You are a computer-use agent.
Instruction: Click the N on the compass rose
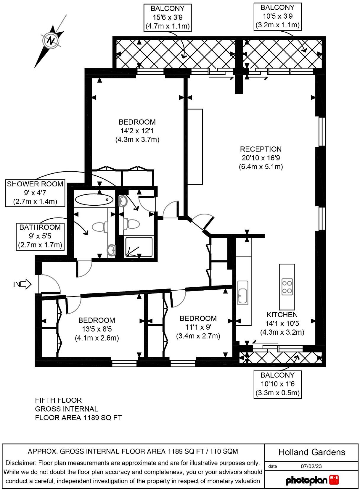pyautogui.click(x=51, y=41)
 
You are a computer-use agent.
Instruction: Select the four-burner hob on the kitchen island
pyautogui.click(x=287, y=287)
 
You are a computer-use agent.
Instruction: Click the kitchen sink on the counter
pyautogui.click(x=243, y=293)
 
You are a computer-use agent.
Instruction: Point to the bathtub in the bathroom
pyautogui.click(x=94, y=199)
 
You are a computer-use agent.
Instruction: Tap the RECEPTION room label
pyautogui.click(x=261, y=149)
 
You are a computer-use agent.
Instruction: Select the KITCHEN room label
pyautogui.click(x=282, y=315)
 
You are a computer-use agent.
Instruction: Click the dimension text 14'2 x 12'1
pyautogui.click(x=137, y=131)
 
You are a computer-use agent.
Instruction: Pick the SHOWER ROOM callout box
pyautogui.click(x=35, y=193)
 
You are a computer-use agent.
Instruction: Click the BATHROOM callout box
pyautogui.click(x=40, y=236)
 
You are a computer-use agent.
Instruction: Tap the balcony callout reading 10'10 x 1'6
pyautogui.click(x=277, y=385)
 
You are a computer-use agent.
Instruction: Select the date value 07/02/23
pyautogui.click(x=311, y=466)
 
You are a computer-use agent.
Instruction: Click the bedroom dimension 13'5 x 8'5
pyautogui.click(x=97, y=329)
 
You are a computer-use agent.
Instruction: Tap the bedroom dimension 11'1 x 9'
pyautogui.click(x=198, y=327)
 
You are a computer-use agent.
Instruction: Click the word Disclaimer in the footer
pyautogui.click(x=21, y=463)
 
